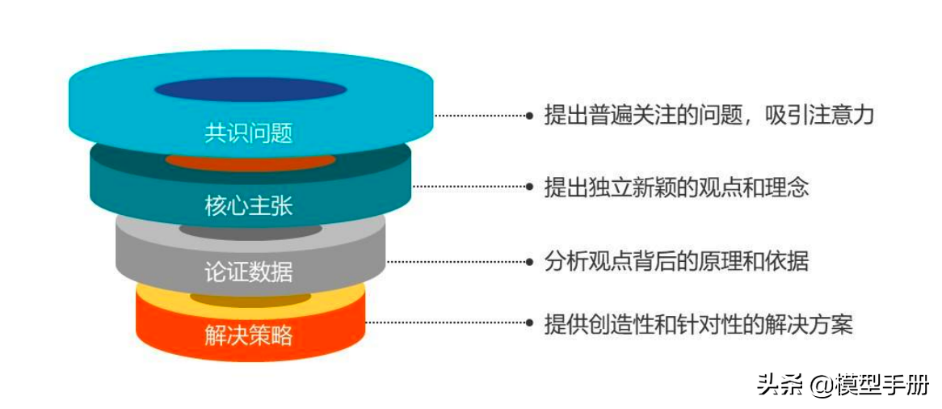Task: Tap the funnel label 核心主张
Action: pyautogui.click(x=249, y=206)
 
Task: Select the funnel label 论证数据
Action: pyautogui.click(x=249, y=272)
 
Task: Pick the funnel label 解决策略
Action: pyautogui.click(x=249, y=335)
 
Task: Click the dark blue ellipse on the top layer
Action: pyautogui.click(x=250, y=90)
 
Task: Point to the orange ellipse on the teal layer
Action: pyautogui.click(x=250, y=161)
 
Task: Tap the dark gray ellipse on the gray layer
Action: pyautogui.click(x=250, y=231)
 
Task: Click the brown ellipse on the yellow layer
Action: pyautogui.click(x=250, y=299)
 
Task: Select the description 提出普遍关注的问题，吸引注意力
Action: pyautogui.click(x=709, y=116)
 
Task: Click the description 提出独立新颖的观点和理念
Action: pyautogui.click(x=677, y=188)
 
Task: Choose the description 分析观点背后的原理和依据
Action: pyautogui.click(x=677, y=261)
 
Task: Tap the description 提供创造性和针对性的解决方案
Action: pyautogui.click(x=699, y=324)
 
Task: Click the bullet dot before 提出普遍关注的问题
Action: pyautogui.click(x=529, y=116)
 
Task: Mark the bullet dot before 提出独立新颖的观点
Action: pyautogui.click(x=529, y=187)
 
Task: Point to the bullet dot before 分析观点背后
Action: pyautogui.click(x=529, y=261)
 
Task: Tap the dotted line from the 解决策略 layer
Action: pyautogui.click(x=444, y=323)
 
